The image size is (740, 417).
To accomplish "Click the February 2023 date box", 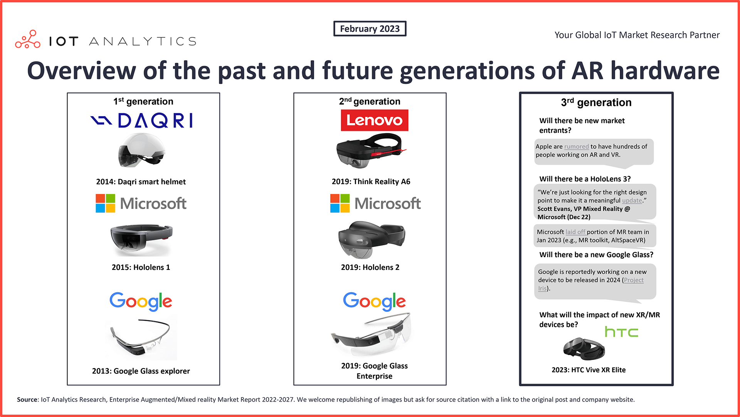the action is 370,28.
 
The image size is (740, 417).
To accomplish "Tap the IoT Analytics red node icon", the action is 28,39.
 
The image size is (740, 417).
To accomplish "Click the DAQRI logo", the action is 141,121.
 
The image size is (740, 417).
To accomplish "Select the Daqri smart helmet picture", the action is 142,150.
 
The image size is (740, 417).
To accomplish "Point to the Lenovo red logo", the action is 374,120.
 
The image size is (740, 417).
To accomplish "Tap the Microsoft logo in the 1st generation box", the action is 141,203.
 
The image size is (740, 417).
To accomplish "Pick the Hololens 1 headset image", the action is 141,239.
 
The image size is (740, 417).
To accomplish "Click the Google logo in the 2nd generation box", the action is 374,301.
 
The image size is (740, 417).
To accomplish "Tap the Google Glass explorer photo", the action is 141,337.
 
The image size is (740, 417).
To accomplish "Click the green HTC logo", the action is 621,332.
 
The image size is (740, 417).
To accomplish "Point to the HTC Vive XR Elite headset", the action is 584,349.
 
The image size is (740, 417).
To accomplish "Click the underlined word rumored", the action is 577,146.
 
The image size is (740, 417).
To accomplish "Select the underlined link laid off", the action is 576,232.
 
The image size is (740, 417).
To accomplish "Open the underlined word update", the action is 632,200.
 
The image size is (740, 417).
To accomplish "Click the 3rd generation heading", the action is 596,102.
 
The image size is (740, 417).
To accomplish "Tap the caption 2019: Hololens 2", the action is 370,267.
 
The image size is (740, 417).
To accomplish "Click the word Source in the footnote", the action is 27,400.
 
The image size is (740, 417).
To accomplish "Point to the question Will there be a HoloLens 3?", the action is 585,179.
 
